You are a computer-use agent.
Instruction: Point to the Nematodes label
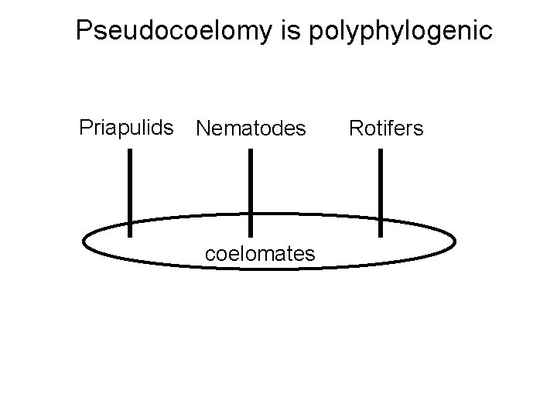(251, 128)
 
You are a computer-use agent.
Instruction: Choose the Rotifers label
(386, 128)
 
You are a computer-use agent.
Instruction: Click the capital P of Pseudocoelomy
(85, 31)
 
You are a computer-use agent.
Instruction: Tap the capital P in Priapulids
(86, 127)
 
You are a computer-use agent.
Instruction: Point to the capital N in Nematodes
(203, 128)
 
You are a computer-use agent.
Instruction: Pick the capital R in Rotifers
(355, 128)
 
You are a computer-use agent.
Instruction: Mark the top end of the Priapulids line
(129, 150)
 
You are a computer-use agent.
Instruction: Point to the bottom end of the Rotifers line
(380, 235)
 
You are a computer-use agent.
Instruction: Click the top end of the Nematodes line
(250, 150)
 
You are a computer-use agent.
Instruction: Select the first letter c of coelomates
(208, 253)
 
